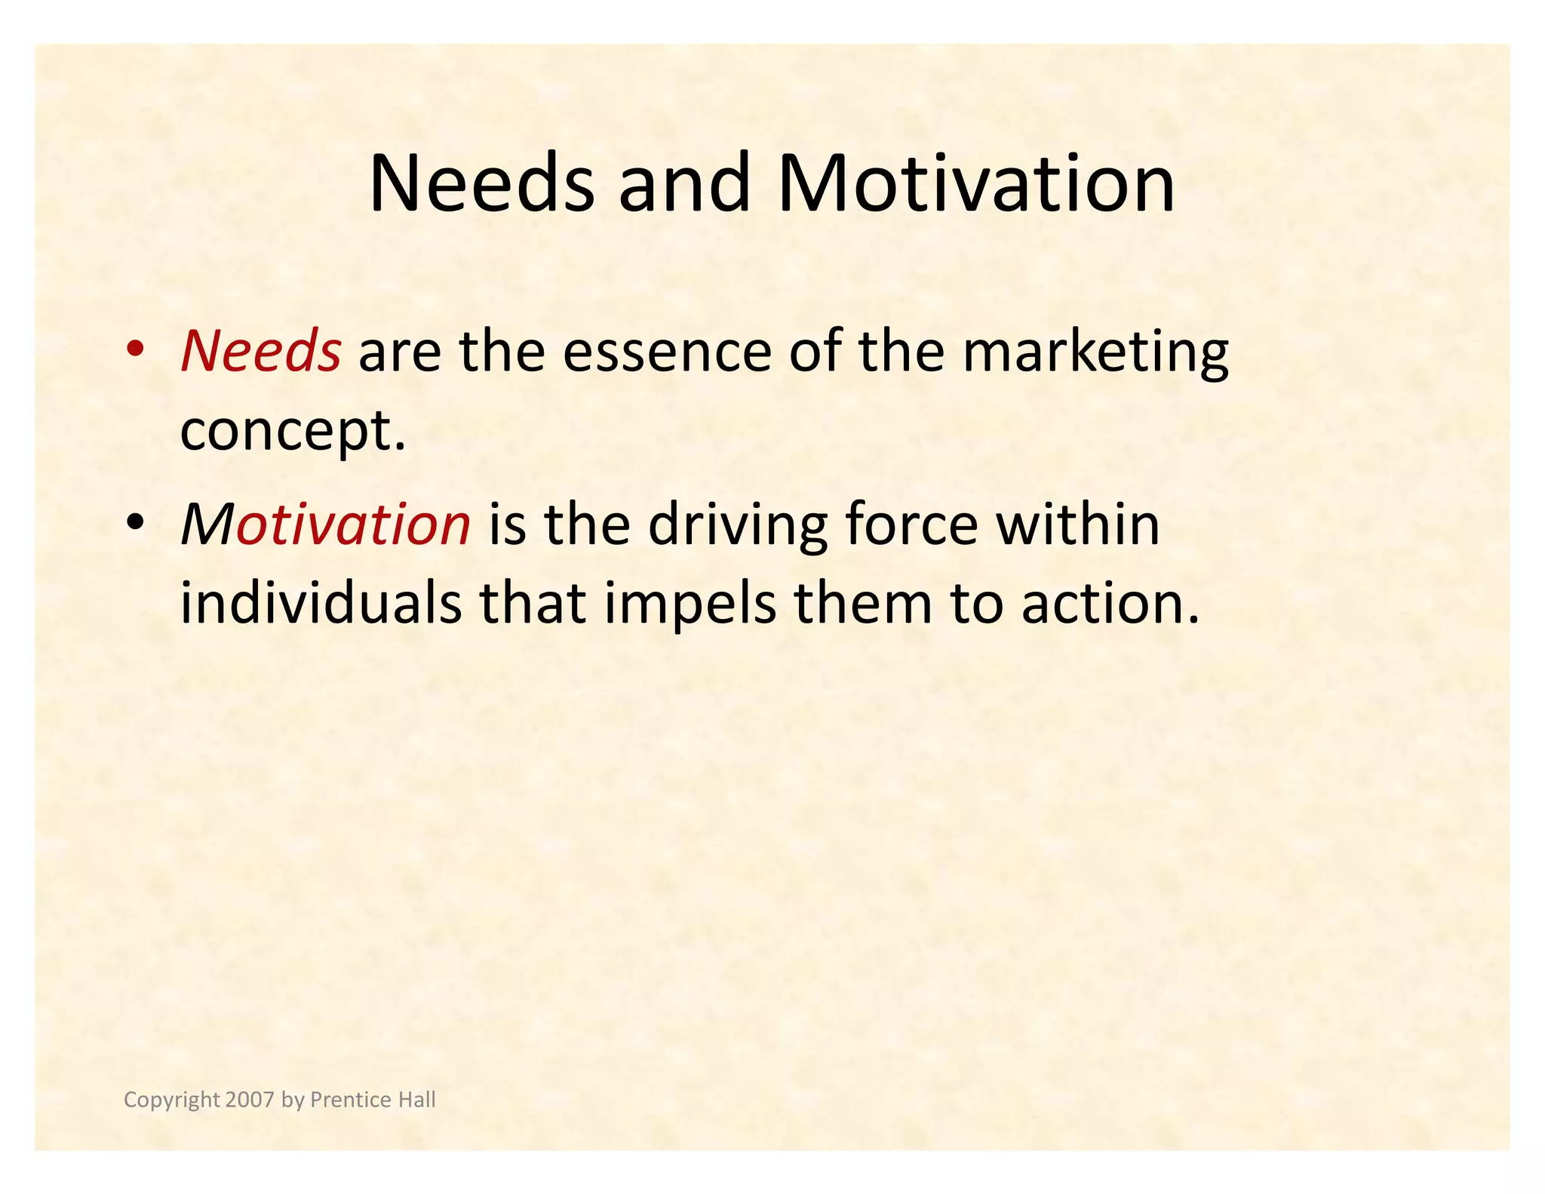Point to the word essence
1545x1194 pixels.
tap(667, 352)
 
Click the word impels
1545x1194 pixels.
tap(690, 606)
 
